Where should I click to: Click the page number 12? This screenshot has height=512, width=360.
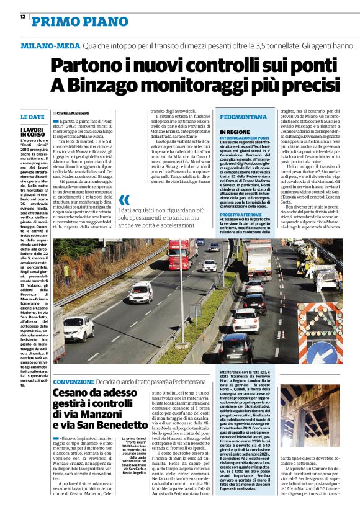22,18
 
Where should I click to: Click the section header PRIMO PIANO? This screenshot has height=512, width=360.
71,22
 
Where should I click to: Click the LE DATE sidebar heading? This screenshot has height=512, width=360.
32,117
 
